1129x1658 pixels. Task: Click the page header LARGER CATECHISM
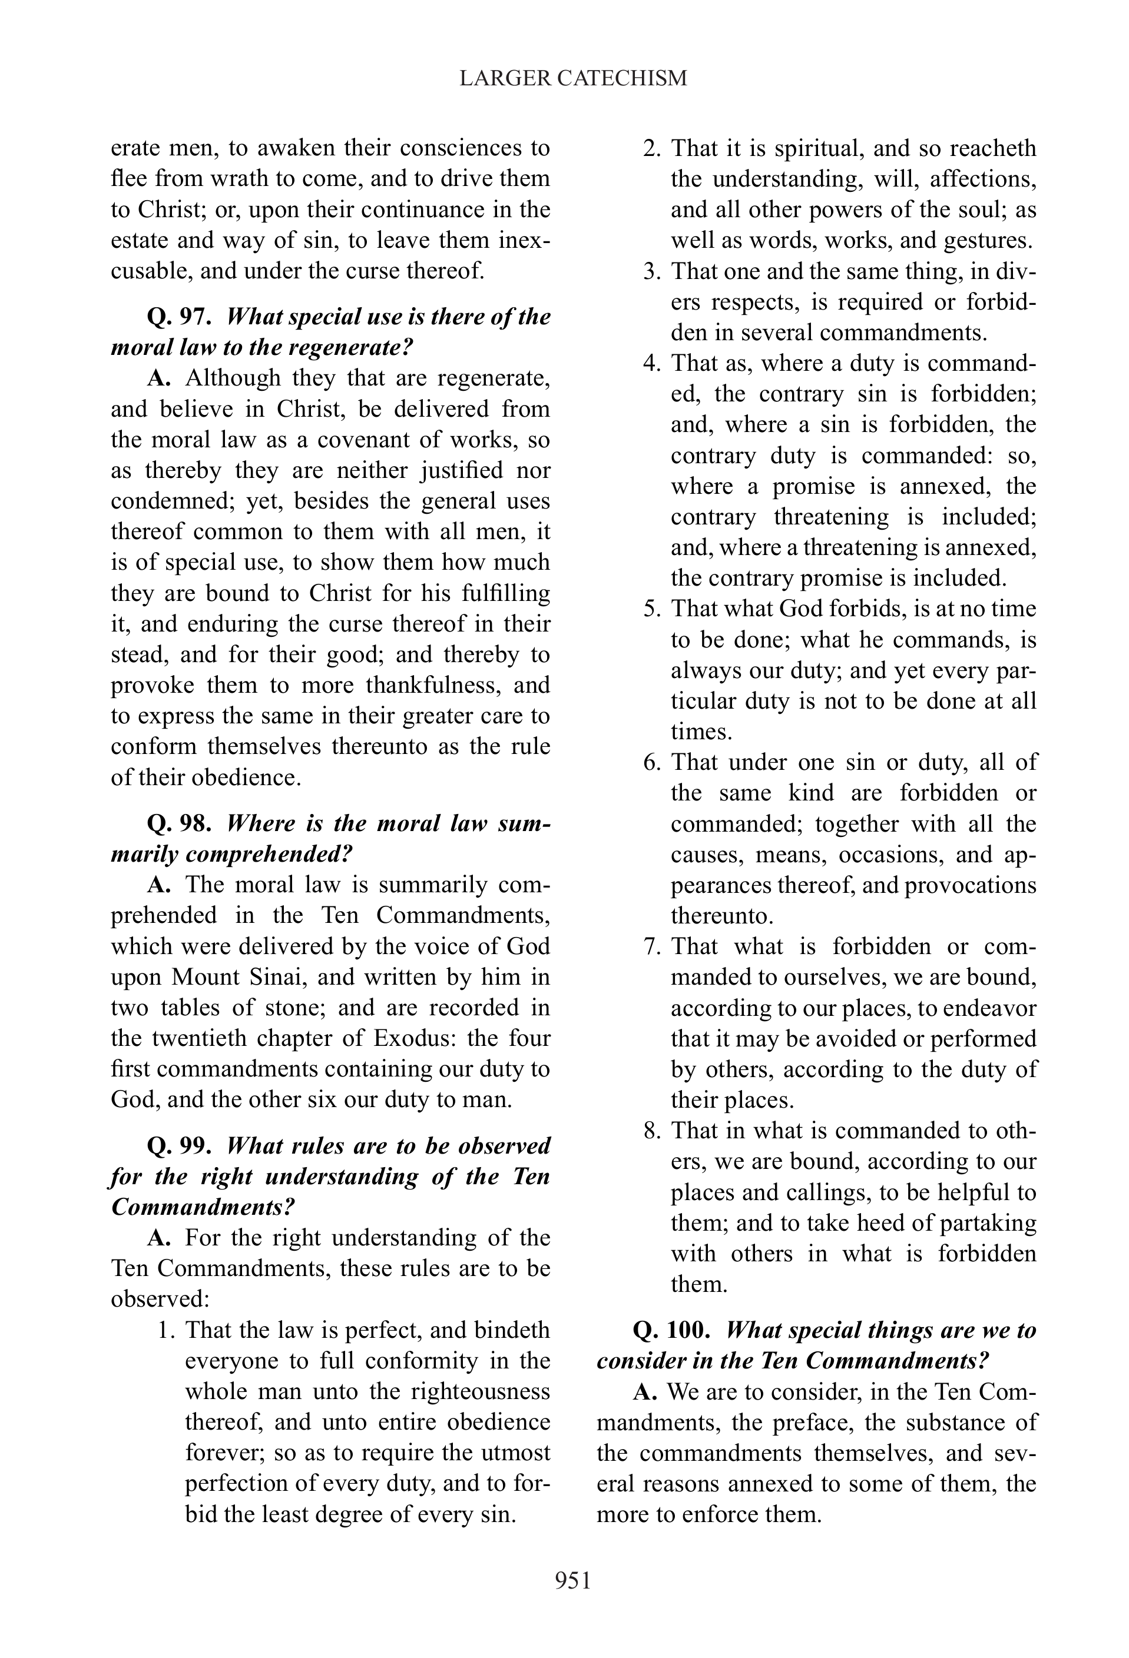pyautogui.click(x=573, y=78)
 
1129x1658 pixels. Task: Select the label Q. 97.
pyautogui.click(x=179, y=317)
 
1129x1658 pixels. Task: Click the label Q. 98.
pyautogui.click(x=179, y=823)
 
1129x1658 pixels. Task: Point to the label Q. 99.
pyautogui.click(x=179, y=1146)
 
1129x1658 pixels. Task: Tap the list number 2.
pyautogui.click(x=651, y=148)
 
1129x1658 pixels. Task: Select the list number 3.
pyautogui.click(x=651, y=271)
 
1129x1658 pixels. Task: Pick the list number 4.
pyautogui.click(x=651, y=363)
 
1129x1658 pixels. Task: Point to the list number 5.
pyautogui.click(x=651, y=609)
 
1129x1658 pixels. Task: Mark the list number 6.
pyautogui.click(x=651, y=762)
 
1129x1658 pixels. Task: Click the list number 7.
pyautogui.click(x=651, y=947)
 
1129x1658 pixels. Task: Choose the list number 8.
pyautogui.click(x=651, y=1131)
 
